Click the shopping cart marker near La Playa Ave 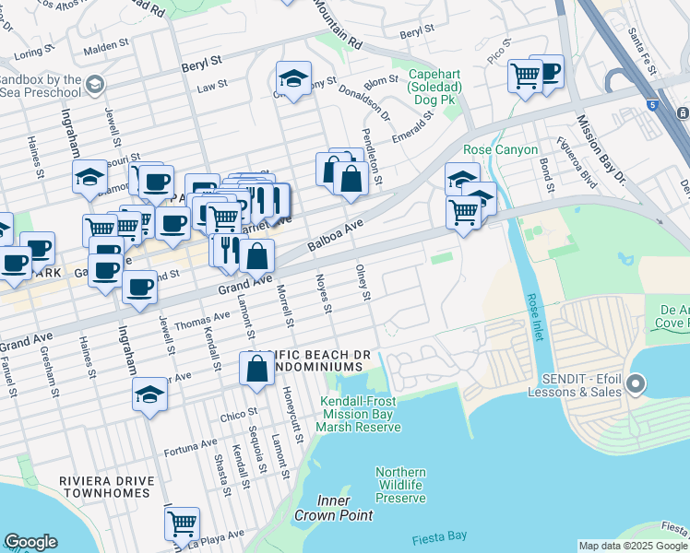[182, 524]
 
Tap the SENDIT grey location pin [635, 383]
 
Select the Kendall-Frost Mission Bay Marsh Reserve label [361, 414]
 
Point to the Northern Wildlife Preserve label [400, 485]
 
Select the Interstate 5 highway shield [653, 106]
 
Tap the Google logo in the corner [30, 542]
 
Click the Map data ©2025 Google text [633, 546]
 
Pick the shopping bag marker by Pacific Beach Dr [256, 368]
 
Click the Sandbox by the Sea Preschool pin [94, 86]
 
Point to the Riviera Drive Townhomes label [103, 487]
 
